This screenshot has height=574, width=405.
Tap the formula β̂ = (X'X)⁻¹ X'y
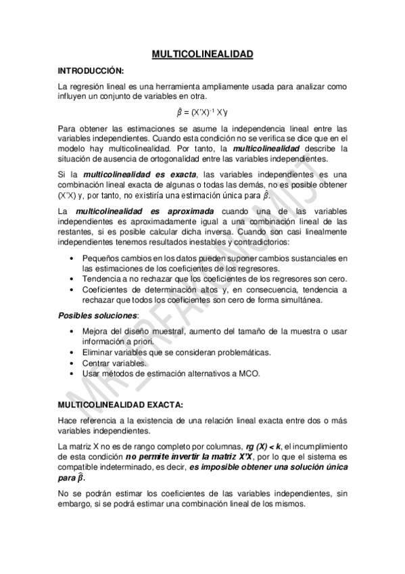(202, 113)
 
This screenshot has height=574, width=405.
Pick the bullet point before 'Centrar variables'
(72, 363)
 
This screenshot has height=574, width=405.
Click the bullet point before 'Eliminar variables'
(72, 353)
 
